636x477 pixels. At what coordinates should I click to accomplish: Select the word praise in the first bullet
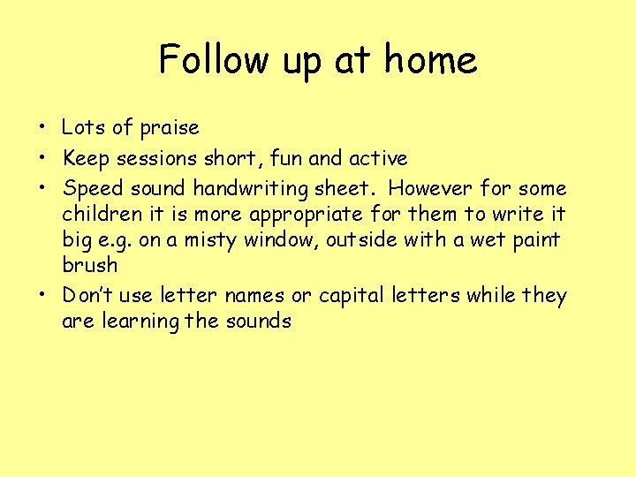(x=170, y=128)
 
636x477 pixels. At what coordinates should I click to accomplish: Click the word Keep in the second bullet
(x=84, y=159)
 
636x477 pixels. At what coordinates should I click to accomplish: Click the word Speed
(x=89, y=189)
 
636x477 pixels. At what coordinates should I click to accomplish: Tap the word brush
(x=89, y=266)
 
